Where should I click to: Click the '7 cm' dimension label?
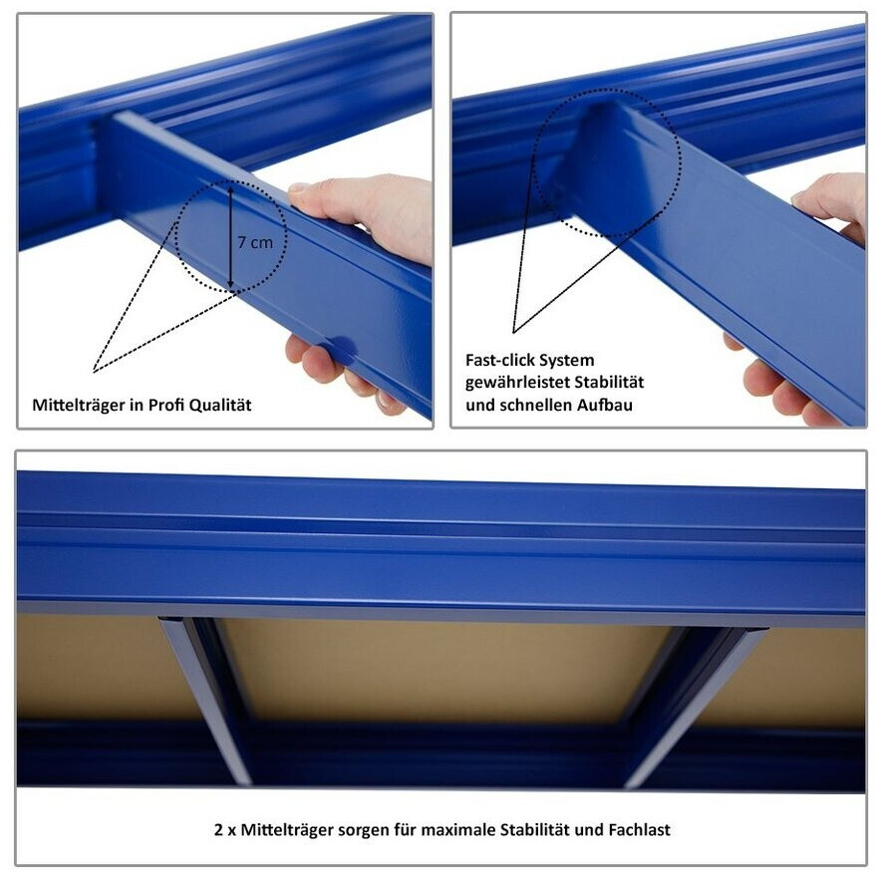point(255,243)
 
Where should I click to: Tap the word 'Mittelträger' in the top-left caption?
point(79,405)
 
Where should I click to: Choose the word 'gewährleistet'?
point(518,383)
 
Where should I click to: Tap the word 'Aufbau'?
point(606,405)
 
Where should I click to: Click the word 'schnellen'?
point(537,405)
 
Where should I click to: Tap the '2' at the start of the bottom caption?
point(218,829)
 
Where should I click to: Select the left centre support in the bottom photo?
point(208,701)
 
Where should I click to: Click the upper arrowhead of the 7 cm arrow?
point(230,189)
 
